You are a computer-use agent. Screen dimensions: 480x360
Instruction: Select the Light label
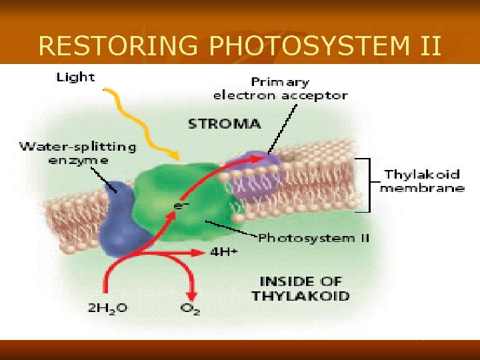tap(75, 77)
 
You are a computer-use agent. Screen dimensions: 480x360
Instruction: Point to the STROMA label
tap(225, 124)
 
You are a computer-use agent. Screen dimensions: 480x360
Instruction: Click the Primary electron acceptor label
tap(280, 89)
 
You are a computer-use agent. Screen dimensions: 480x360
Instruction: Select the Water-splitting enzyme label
tap(77, 153)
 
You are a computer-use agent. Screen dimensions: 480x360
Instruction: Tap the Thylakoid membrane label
tap(422, 181)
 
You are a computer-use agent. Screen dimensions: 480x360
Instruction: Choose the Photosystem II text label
tap(313, 238)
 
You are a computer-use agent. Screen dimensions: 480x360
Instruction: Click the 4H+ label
tap(223, 252)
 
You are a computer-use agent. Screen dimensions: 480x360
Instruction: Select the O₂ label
tap(191, 308)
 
